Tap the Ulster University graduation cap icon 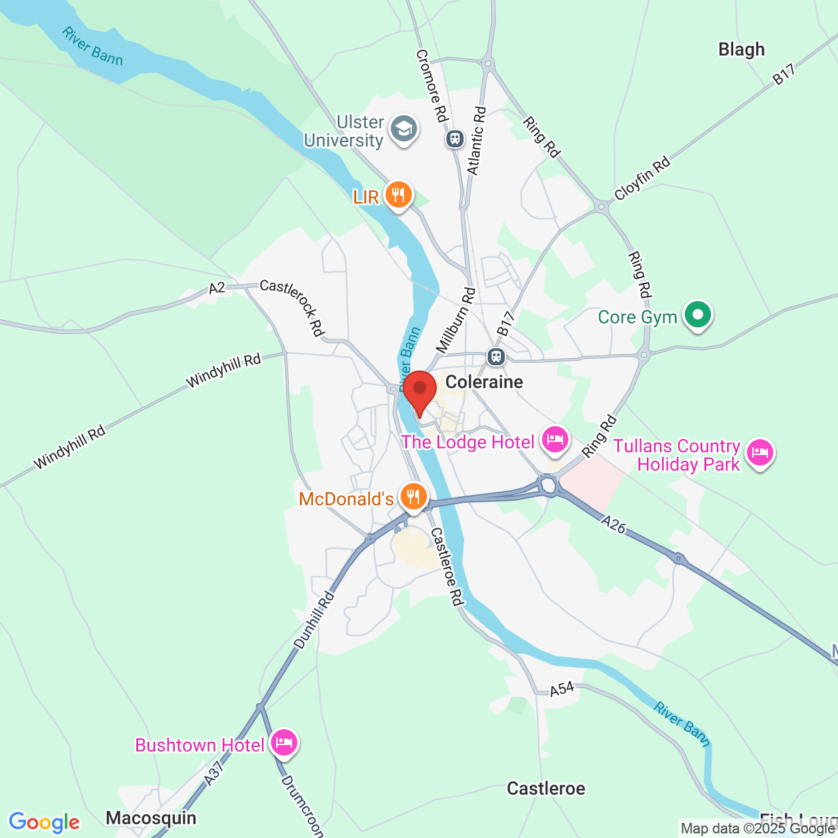point(404,129)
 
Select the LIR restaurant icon point(398,195)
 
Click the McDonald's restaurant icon point(413,498)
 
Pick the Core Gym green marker point(698,315)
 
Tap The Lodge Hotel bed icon point(555,439)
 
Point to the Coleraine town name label point(484,382)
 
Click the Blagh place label point(741,50)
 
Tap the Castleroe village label point(546,788)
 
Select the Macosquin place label point(151,818)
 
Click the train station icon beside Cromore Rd point(454,139)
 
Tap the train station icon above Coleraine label point(496,357)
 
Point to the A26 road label point(613,524)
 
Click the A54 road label point(562,689)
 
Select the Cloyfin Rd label point(642,178)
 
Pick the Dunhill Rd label point(315,620)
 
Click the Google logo point(45,822)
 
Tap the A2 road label point(217,287)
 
